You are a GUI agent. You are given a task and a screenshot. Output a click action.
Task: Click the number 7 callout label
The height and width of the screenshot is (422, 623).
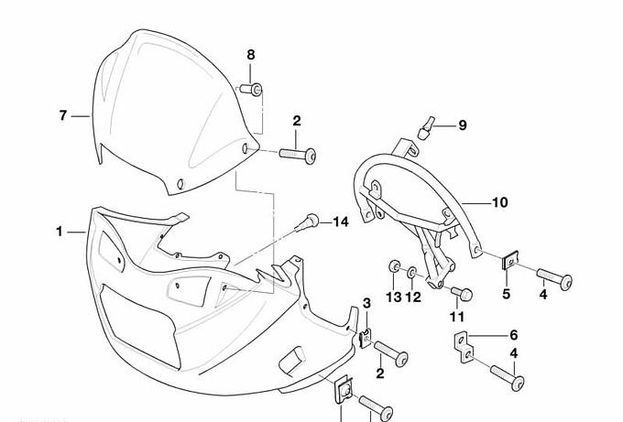click(x=62, y=115)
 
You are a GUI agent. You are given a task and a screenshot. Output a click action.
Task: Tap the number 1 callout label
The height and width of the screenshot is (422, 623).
click(x=60, y=232)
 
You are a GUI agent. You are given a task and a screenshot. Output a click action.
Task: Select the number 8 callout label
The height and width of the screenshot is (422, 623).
click(x=251, y=55)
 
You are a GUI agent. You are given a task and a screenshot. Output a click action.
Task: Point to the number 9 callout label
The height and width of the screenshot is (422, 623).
click(x=462, y=124)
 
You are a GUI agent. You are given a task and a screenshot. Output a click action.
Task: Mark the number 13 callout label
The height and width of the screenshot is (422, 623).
click(x=393, y=297)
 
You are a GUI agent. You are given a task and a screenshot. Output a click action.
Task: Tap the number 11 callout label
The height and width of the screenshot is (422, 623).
click(x=457, y=317)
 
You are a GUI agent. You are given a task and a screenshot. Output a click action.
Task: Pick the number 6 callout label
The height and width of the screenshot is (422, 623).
click(x=513, y=335)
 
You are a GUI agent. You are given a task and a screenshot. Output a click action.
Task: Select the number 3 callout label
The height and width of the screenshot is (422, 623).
click(x=366, y=303)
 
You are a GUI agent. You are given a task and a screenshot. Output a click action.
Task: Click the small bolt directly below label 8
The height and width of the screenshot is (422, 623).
click(x=252, y=89)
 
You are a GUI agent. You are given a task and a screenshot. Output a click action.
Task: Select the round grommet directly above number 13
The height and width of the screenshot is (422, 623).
click(x=393, y=267)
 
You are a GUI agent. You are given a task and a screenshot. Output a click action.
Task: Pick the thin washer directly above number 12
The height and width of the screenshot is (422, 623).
click(x=412, y=272)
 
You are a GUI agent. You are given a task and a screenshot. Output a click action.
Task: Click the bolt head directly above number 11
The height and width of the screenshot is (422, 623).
click(x=463, y=294)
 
